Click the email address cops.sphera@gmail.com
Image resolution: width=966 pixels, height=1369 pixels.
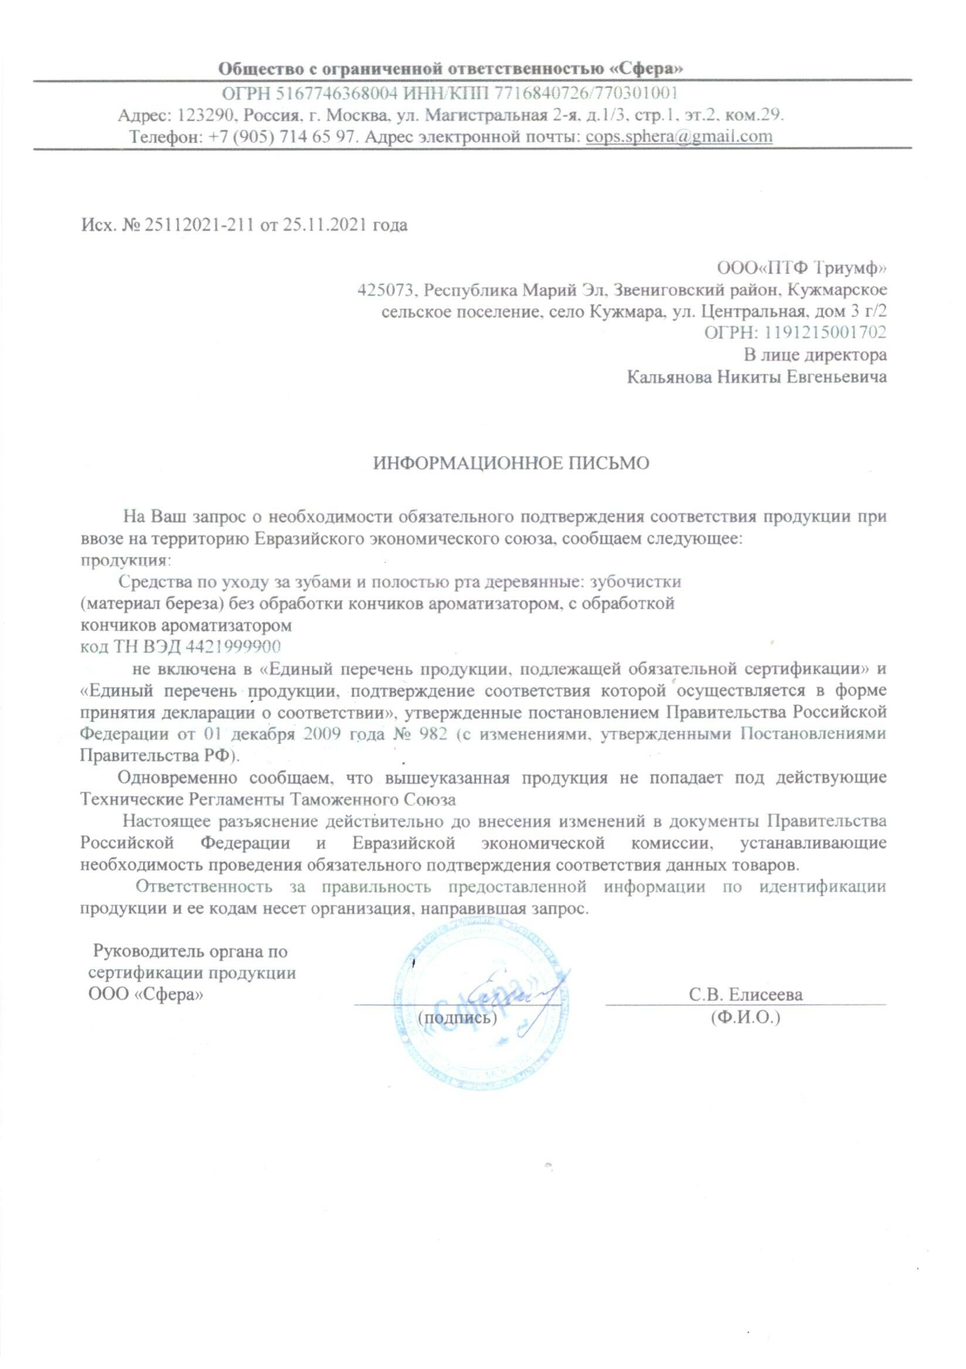[679, 137]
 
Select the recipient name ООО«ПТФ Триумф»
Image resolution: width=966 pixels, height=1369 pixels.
[799, 268]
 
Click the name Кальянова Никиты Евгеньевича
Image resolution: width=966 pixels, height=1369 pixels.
[757, 377]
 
